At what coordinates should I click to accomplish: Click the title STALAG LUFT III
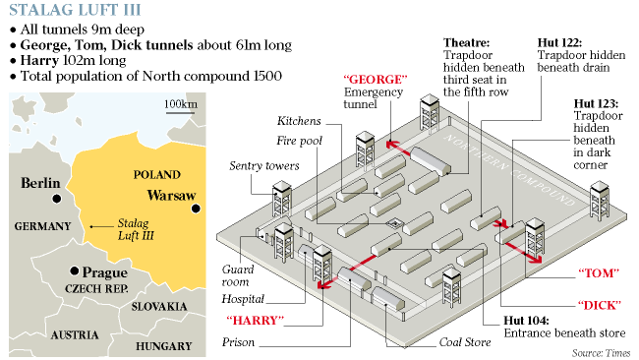click(x=75, y=10)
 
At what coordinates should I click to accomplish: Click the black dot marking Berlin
click(x=57, y=199)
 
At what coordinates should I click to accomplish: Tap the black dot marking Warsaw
click(x=196, y=209)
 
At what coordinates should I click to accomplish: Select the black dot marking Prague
click(x=74, y=270)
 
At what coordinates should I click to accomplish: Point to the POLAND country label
click(x=157, y=175)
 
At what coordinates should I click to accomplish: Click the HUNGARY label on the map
click(x=164, y=346)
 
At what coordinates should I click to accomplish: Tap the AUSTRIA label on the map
click(x=75, y=335)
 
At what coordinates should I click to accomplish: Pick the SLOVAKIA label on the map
click(x=159, y=307)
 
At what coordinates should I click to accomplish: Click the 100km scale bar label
click(x=181, y=104)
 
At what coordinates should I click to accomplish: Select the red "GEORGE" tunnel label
click(x=376, y=79)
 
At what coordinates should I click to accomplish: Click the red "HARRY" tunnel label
click(x=256, y=321)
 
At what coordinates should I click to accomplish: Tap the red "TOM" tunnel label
click(x=599, y=272)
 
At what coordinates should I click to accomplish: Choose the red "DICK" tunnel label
click(x=600, y=305)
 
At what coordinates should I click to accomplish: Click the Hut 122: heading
click(x=559, y=43)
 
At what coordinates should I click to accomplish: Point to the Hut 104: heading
click(x=526, y=321)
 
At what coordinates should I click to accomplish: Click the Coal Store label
click(x=465, y=342)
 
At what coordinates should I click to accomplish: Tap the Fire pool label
click(x=299, y=141)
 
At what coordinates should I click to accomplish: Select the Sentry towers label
click(x=264, y=165)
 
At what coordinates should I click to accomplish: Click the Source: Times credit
click(x=601, y=353)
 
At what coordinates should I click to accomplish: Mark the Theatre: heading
click(x=467, y=43)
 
